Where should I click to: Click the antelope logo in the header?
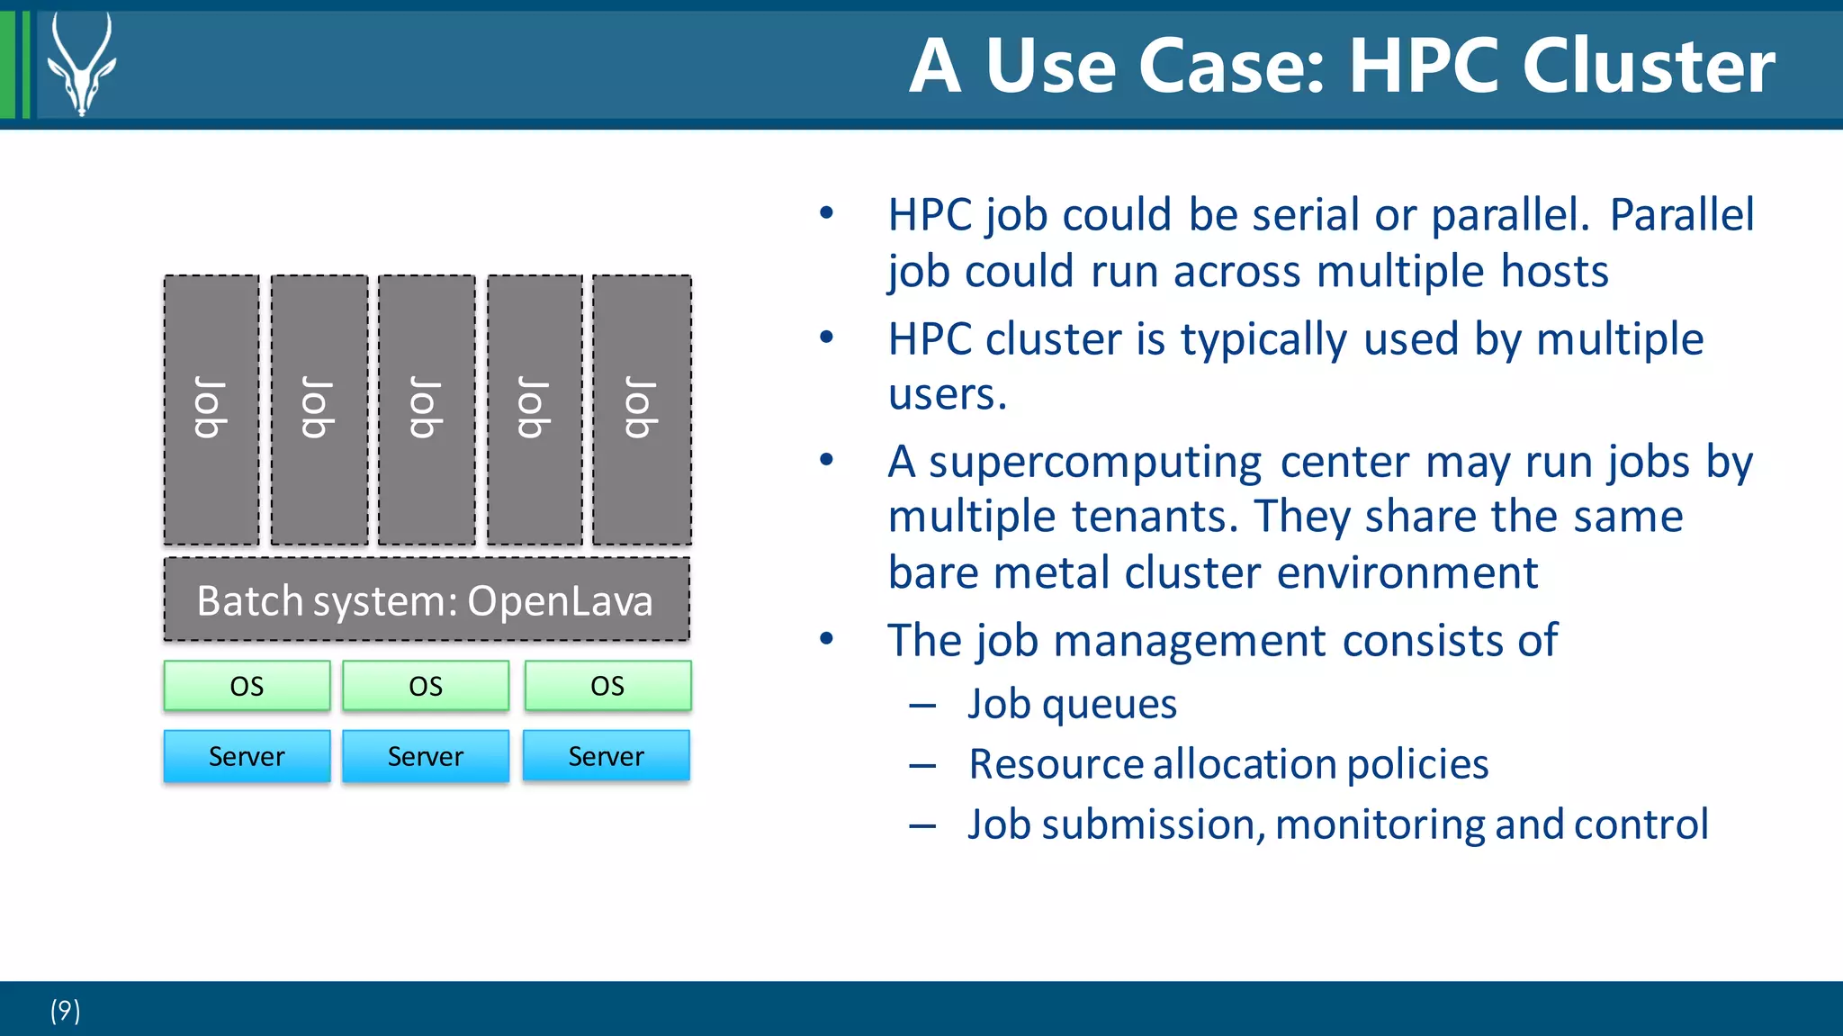point(81,65)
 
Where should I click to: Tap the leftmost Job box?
point(211,410)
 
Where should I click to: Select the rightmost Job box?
point(642,410)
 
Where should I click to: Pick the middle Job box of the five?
point(427,410)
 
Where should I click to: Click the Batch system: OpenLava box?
point(427,600)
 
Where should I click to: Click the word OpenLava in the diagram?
point(560,601)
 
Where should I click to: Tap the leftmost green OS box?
point(247,686)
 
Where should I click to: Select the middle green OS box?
point(426,686)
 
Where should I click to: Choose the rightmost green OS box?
point(607,686)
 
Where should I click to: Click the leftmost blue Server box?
point(247,756)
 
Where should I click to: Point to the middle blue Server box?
point(426,756)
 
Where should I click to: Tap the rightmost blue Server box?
point(607,756)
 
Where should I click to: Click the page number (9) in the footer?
point(65,1011)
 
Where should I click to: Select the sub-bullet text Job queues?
point(1072,704)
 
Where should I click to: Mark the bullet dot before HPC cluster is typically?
point(827,338)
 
